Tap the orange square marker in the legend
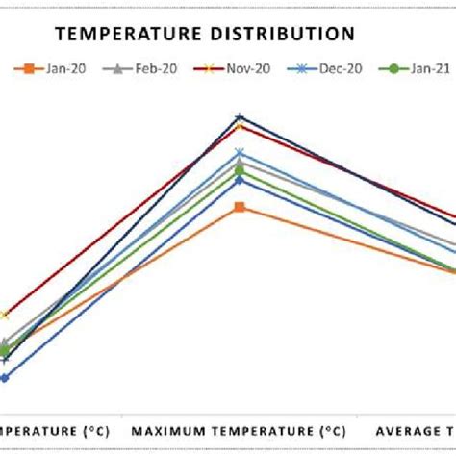click(30, 68)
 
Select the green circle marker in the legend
click(392, 68)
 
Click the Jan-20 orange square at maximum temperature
click(240, 207)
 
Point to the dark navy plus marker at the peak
click(240, 117)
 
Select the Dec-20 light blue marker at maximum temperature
click(240, 152)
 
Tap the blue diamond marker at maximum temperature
click(240, 180)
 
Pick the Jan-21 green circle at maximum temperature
click(240, 172)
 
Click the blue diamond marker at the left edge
click(4, 378)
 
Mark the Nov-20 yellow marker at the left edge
click(4, 315)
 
